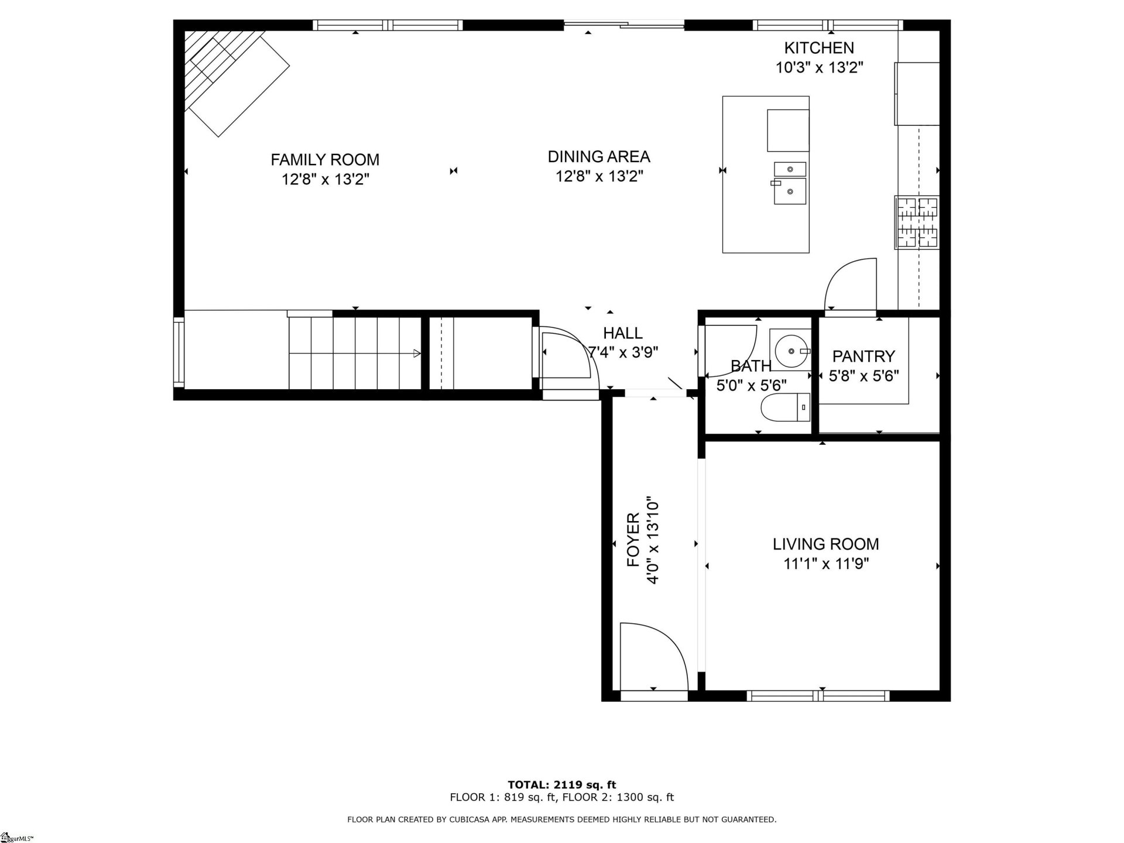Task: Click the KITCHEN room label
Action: point(818,48)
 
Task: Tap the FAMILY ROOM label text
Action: point(325,159)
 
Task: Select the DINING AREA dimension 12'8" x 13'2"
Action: point(599,176)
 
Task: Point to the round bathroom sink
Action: point(790,351)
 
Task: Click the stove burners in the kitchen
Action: point(917,222)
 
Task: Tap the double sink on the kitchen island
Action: point(790,183)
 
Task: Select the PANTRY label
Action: point(863,356)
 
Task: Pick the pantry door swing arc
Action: point(850,283)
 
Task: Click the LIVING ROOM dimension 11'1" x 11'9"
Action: point(825,564)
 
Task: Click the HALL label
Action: point(623,333)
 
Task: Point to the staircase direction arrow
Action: point(416,353)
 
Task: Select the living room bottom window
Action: point(818,695)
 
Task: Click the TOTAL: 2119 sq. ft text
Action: point(561,784)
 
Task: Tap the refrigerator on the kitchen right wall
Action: point(917,94)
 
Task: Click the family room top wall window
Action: point(388,25)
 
